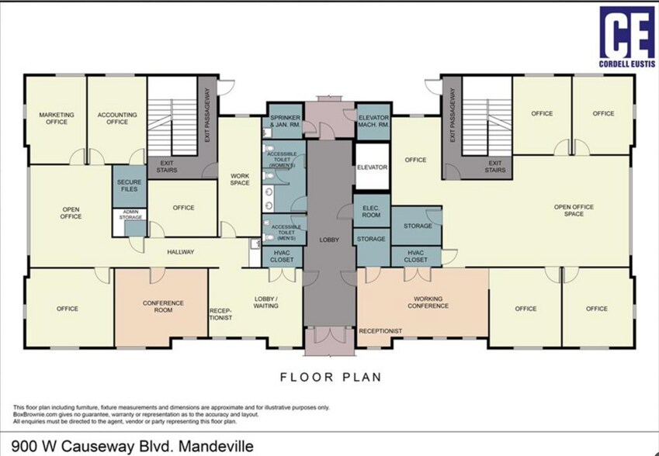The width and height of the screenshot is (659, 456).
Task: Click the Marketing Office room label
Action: pos(56,118)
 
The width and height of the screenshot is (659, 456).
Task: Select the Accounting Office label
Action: pos(117,118)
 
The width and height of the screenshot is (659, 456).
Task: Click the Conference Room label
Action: pos(162,306)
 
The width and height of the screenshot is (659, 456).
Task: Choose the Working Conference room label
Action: pos(431,302)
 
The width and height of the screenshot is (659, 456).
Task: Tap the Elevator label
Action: pos(372,167)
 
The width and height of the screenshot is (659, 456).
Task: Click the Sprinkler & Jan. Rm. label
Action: pos(286,121)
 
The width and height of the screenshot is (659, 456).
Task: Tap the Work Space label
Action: pos(240,179)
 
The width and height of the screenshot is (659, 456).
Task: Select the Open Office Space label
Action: pos(574,210)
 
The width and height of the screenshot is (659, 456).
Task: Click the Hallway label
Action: pos(181,252)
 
